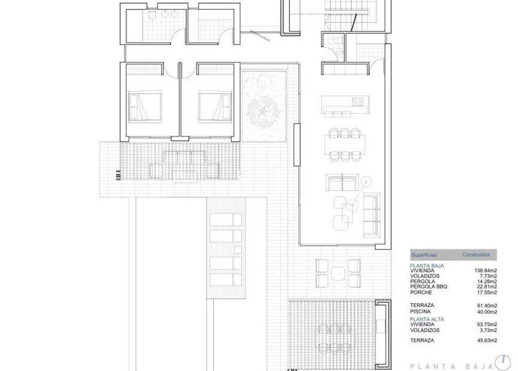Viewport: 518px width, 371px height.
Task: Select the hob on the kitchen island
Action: click(x=358, y=101)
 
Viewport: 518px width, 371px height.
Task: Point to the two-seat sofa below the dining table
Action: click(x=341, y=181)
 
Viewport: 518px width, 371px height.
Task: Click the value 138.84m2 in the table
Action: click(x=486, y=270)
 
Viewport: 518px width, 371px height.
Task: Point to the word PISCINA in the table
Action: click(x=420, y=312)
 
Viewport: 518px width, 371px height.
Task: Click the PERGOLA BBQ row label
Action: click(x=428, y=287)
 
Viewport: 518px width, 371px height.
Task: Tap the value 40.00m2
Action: click(x=486, y=312)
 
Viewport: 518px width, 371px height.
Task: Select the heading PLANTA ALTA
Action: click(x=426, y=318)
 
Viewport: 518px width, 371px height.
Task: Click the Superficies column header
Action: click(x=423, y=255)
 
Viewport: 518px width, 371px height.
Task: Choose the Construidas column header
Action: click(x=475, y=255)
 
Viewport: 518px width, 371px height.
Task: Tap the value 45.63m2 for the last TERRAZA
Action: click(x=486, y=340)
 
